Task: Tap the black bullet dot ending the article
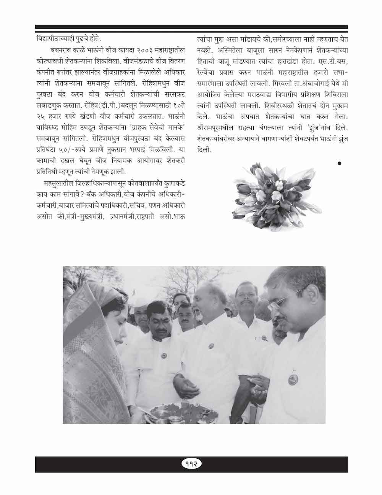339,163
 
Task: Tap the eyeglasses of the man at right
281,304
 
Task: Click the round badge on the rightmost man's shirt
293,380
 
